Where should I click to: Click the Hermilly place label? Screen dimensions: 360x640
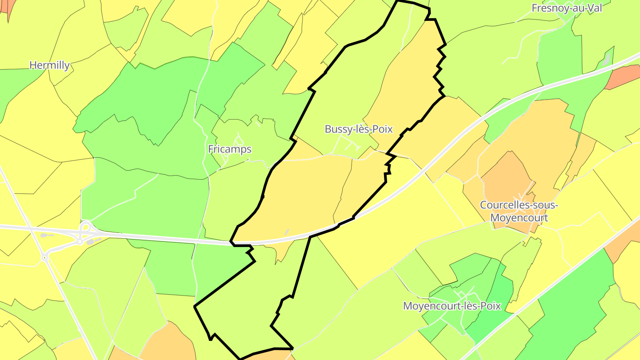pos(50,65)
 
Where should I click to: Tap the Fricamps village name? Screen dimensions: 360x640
pos(230,149)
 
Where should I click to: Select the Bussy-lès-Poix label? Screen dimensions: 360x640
pos(359,129)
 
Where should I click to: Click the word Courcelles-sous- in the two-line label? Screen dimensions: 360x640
pos(519,205)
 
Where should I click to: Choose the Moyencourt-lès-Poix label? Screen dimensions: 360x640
pos(452,306)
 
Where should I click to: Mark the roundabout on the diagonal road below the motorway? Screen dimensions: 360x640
pos(45,257)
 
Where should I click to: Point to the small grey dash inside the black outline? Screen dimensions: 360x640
pos(287,232)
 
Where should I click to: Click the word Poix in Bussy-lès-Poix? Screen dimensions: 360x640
pos(383,129)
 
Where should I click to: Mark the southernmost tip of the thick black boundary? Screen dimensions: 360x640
pos(240,358)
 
